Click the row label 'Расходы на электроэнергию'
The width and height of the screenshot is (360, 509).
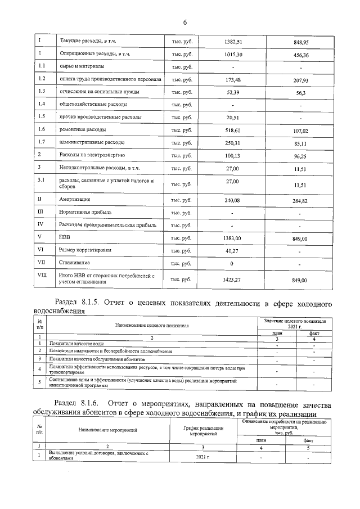92,155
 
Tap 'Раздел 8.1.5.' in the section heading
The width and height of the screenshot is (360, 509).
76,303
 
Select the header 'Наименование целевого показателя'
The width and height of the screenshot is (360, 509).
152,325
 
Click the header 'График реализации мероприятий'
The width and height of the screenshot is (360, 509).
203,431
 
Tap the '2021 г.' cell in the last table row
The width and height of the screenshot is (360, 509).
203,458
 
